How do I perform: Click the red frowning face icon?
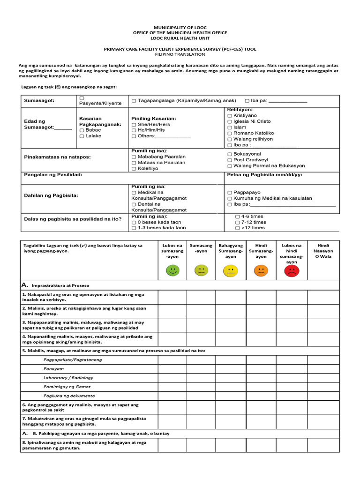(x=291, y=271)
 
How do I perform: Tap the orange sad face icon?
(x=261, y=270)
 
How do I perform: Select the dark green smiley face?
(x=172, y=270)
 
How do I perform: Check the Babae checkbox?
(x=82, y=130)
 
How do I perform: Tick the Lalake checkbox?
(x=82, y=136)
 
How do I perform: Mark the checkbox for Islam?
(x=229, y=127)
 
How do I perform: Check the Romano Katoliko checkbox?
(x=229, y=133)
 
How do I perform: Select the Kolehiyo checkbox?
(x=134, y=168)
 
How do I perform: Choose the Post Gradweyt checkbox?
(x=229, y=160)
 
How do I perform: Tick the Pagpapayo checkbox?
(x=229, y=193)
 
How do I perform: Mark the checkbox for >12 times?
(x=237, y=228)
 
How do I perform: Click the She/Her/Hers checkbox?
(x=134, y=125)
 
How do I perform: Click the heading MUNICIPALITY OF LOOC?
(x=180, y=27)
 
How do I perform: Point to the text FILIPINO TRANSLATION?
(x=180, y=54)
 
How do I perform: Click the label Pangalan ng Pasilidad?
(x=53, y=174)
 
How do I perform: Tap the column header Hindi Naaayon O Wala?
(x=323, y=251)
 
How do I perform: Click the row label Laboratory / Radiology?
(x=68, y=378)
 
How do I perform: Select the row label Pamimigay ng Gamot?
(x=67, y=387)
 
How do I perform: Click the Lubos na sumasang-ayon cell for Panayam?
(x=172, y=369)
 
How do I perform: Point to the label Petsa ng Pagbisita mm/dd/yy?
(x=264, y=174)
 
